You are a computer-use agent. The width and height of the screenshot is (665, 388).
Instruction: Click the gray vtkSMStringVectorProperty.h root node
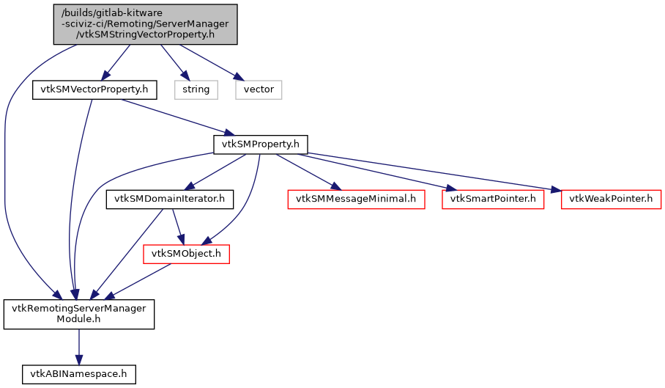pos(145,23)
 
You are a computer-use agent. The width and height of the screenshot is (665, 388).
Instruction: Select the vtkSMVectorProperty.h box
pos(90,90)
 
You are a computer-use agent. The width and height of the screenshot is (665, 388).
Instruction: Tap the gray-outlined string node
pos(196,89)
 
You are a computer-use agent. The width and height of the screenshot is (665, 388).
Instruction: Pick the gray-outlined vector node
pos(259,89)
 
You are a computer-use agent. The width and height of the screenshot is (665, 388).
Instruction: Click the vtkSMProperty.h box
pos(260,144)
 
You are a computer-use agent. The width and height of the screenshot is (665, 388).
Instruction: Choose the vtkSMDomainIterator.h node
pos(169,199)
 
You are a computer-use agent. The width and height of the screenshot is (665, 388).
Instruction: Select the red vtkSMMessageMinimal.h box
pos(356,199)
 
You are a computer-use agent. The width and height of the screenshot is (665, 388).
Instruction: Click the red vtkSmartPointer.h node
pos(493,199)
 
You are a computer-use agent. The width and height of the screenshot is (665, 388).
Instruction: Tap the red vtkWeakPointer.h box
pos(611,199)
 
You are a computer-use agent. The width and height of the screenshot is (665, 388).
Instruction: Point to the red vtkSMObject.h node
pos(186,254)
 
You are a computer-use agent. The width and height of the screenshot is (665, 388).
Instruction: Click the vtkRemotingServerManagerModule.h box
pos(79,314)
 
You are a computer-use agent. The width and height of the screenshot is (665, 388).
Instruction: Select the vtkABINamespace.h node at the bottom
pos(78,373)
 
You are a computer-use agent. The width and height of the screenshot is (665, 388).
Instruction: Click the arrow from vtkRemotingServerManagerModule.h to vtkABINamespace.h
pos(78,345)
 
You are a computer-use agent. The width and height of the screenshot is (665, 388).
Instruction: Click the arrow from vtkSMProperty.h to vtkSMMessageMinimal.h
pos(308,172)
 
